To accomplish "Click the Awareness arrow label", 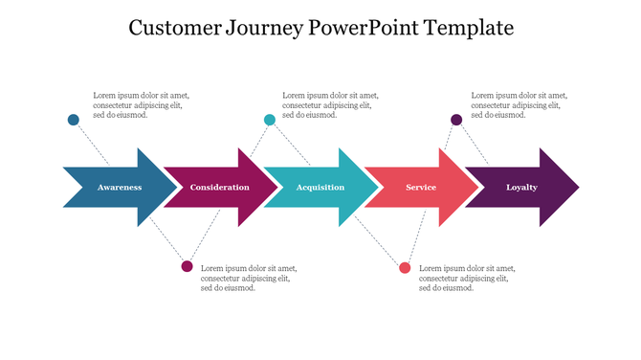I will pos(120,188).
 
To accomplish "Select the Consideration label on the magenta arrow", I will pos(219,188).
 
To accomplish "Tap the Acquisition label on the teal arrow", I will pos(320,188).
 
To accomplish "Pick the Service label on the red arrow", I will pos(421,188).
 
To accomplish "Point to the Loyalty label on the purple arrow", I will pos(521,188).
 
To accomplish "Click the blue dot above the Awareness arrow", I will pos(74,120).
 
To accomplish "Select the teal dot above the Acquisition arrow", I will pos(270,120).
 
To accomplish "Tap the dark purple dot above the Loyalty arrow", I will pos(457,120).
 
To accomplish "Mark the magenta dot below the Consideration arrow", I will pos(188,266).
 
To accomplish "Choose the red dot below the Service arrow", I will pos(406,267).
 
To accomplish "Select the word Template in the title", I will pos(471,29).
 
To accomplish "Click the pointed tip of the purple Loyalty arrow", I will pos(577,188).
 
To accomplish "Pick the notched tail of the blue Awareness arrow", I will pos(69,188).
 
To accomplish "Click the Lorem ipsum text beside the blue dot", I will pos(140,105).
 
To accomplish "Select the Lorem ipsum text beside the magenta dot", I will pos(248,278).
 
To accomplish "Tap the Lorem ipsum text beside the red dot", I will pos(466,278).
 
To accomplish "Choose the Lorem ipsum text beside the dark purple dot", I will pos(519,105).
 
